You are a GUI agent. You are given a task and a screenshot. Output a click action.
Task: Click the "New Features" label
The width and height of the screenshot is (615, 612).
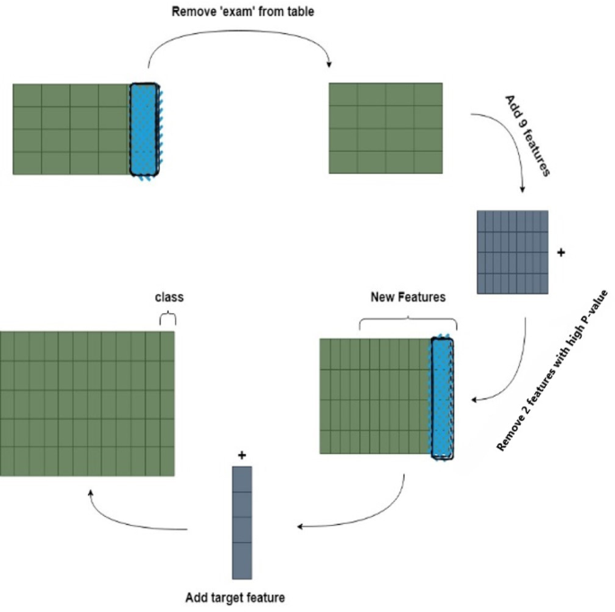pyautogui.click(x=408, y=296)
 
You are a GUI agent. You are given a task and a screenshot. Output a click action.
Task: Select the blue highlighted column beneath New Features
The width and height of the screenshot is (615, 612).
pyautogui.click(x=443, y=398)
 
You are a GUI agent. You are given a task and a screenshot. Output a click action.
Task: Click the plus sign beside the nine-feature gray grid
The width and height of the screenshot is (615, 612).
pyautogui.click(x=562, y=253)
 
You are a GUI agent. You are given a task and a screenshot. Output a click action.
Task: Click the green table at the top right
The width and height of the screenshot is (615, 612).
pyautogui.click(x=386, y=128)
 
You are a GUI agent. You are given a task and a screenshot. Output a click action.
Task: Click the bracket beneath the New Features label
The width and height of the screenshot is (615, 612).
pyautogui.click(x=408, y=320)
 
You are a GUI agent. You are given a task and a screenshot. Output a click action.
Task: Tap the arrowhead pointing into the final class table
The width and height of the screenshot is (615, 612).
pyautogui.click(x=90, y=493)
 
